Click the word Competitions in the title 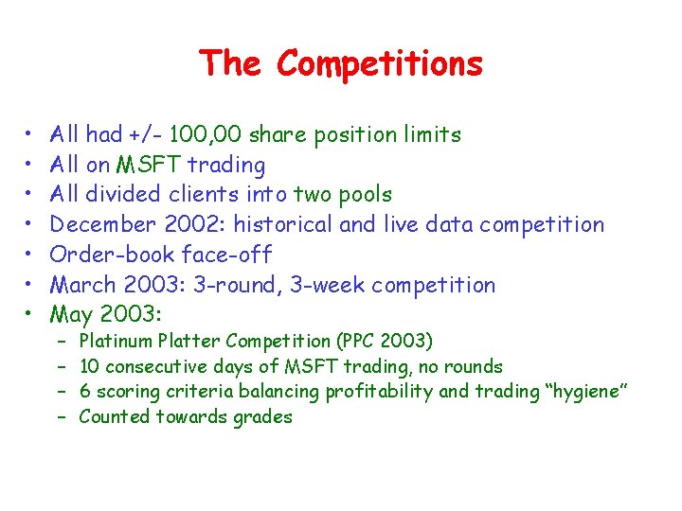pos(380,64)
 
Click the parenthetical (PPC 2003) pos(385,341)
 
